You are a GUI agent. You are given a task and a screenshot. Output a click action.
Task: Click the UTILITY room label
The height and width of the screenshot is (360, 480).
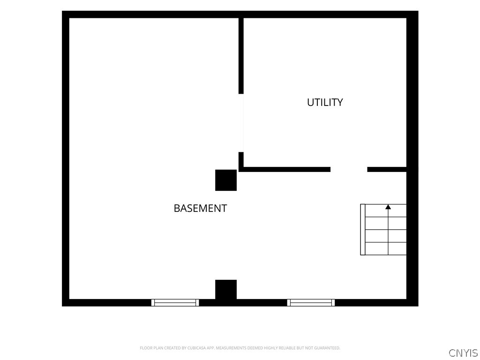point(325,102)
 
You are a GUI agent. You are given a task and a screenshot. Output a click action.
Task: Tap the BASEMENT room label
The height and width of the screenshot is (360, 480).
point(200,209)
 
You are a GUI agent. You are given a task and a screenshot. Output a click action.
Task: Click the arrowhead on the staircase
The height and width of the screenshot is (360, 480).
point(388,207)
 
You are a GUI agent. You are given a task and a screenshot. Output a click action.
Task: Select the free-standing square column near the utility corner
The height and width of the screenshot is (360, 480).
point(226,180)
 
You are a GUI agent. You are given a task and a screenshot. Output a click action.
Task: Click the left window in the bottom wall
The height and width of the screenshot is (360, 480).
point(175,303)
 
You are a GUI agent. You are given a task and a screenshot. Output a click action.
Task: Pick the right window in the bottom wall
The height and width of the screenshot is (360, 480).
point(311,303)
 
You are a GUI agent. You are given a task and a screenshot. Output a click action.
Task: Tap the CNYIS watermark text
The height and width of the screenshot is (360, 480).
point(463,353)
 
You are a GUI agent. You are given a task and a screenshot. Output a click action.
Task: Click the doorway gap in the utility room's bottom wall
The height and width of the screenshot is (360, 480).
point(349,170)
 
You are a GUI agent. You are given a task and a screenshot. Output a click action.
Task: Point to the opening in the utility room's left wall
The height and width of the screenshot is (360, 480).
point(241,123)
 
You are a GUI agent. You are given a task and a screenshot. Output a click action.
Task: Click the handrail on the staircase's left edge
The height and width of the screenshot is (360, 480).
point(363,229)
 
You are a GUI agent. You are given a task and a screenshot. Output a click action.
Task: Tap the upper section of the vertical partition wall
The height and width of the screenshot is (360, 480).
point(241,56)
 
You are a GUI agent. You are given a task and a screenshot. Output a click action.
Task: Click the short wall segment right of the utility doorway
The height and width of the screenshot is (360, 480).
point(387,170)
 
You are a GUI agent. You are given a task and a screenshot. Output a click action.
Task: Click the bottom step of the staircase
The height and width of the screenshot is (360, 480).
point(386,248)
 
